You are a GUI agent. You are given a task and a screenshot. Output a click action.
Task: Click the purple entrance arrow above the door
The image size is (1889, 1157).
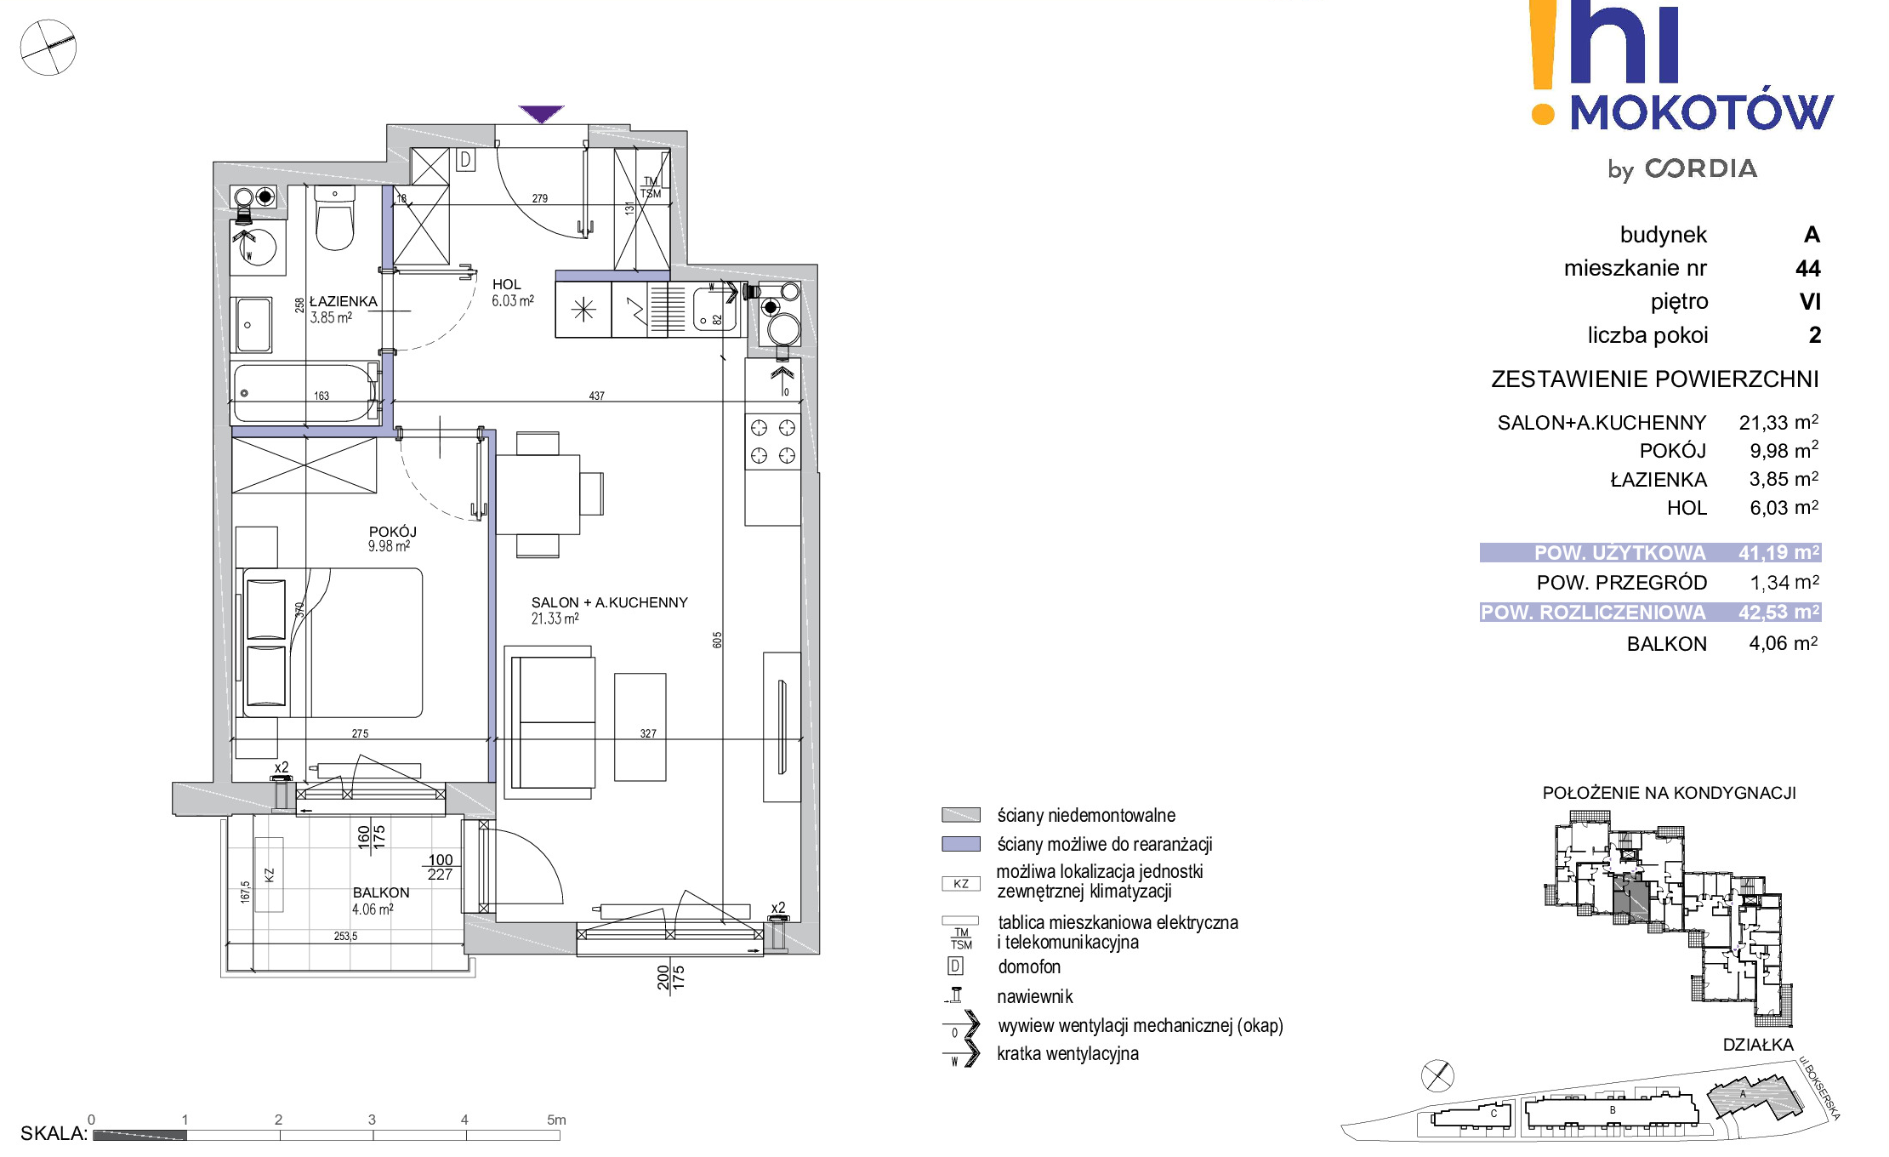(x=541, y=114)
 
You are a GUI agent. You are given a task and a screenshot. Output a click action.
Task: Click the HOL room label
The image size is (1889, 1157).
(x=507, y=284)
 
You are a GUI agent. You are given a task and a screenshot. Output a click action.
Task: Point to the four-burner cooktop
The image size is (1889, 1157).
(x=773, y=442)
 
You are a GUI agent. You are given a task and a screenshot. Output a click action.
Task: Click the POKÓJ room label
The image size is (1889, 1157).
(x=392, y=532)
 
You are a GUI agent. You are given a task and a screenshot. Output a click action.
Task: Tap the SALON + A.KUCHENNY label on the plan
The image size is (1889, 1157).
(x=609, y=602)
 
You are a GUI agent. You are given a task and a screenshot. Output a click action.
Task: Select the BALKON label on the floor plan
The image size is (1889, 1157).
(x=381, y=892)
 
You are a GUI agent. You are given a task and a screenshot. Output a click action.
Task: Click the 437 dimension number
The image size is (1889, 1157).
(x=597, y=396)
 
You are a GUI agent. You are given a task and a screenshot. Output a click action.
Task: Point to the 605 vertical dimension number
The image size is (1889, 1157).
(x=717, y=640)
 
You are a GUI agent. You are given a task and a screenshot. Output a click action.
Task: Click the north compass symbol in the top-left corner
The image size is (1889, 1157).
(x=48, y=48)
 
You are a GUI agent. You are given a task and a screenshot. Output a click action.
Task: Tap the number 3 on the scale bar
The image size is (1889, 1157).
(x=372, y=1120)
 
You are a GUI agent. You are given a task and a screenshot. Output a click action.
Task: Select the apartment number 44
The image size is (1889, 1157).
(x=1808, y=269)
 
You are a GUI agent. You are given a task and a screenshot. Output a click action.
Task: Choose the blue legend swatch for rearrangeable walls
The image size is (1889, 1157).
(x=961, y=844)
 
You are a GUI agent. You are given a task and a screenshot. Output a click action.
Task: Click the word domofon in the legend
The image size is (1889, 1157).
(x=1029, y=966)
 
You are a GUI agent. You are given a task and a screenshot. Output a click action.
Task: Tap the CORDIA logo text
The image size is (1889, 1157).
(x=1701, y=168)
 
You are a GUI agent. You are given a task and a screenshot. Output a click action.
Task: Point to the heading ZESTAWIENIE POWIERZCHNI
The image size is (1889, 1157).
(x=1655, y=379)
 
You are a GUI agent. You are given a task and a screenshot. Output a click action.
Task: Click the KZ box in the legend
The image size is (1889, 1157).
(x=961, y=884)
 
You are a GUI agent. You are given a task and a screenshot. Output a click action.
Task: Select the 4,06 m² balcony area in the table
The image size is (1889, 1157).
(x=1784, y=643)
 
